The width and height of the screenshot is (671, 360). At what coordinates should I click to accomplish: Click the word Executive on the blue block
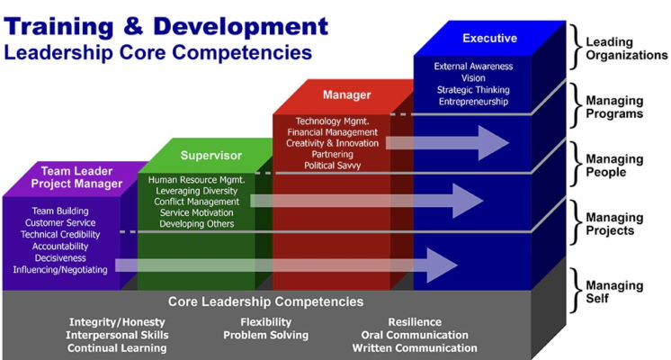click(x=489, y=38)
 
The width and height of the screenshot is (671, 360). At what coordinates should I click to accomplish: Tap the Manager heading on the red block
click(x=346, y=94)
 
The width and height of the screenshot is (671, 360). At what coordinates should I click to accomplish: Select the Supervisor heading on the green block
click(x=211, y=156)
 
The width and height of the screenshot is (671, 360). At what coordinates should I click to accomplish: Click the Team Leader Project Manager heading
click(x=76, y=177)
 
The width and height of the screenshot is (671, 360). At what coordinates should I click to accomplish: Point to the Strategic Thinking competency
click(x=473, y=90)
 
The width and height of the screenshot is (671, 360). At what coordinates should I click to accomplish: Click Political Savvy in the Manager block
click(x=333, y=166)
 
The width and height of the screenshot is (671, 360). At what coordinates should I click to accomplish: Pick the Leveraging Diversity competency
click(x=196, y=191)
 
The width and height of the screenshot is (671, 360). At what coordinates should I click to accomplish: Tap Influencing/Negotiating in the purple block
click(x=60, y=270)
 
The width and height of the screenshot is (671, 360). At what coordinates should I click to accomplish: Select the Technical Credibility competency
click(x=60, y=235)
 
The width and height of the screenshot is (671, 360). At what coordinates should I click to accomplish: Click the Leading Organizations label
click(x=627, y=49)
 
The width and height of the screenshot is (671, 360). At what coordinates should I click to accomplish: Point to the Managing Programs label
click(x=614, y=107)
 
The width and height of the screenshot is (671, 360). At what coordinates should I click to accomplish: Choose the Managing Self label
click(x=614, y=292)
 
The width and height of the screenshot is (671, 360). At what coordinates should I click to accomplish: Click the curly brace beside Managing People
click(x=576, y=165)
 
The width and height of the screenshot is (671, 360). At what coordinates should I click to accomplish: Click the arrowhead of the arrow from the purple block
click(x=442, y=265)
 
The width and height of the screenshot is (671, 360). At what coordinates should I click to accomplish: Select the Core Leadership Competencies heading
click(x=265, y=301)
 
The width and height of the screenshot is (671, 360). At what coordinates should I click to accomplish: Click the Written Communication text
click(x=415, y=348)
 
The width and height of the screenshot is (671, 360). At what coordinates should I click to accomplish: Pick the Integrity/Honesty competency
click(x=117, y=322)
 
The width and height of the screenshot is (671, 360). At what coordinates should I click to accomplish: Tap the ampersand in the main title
click(x=133, y=26)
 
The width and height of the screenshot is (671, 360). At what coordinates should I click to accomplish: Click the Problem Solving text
click(x=265, y=335)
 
